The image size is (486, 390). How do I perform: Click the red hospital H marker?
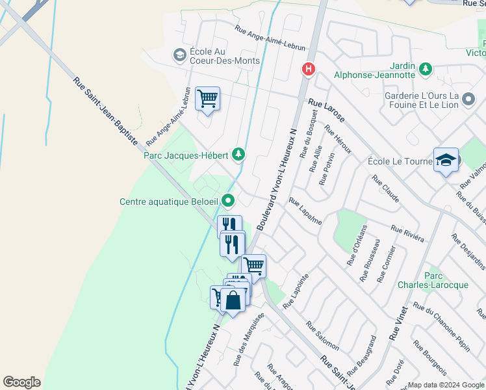tap(309, 68)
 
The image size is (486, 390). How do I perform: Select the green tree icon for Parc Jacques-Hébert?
tap(240, 154)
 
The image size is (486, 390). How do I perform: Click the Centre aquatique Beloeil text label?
tap(168, 201)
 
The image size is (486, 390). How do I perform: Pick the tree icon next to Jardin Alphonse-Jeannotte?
tap(425, 68)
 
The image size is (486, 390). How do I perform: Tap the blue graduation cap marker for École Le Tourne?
tap(446, 160)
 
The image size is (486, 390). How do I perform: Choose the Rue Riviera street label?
tap(407, 234)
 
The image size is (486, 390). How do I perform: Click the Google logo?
tap(21, 382)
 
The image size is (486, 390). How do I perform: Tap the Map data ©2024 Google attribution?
tap(445, 385)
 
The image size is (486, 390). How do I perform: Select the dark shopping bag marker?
tap(233, 300)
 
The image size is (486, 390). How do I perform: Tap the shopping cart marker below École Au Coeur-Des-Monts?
tap(207, 99)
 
